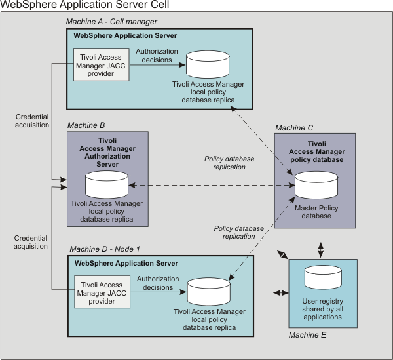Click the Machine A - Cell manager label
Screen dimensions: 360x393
click(x=111, y=22)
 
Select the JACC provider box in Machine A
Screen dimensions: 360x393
click(x=100, y=64)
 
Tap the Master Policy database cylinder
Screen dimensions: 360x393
click(x=315, y=186)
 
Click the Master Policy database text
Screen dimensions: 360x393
click(x=316, y=212)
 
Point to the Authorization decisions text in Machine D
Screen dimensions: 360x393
click(x=154, y=283)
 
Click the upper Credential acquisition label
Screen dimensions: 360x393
click(x=32, y=121)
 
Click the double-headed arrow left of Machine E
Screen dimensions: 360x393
click(x=280, y=292)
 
